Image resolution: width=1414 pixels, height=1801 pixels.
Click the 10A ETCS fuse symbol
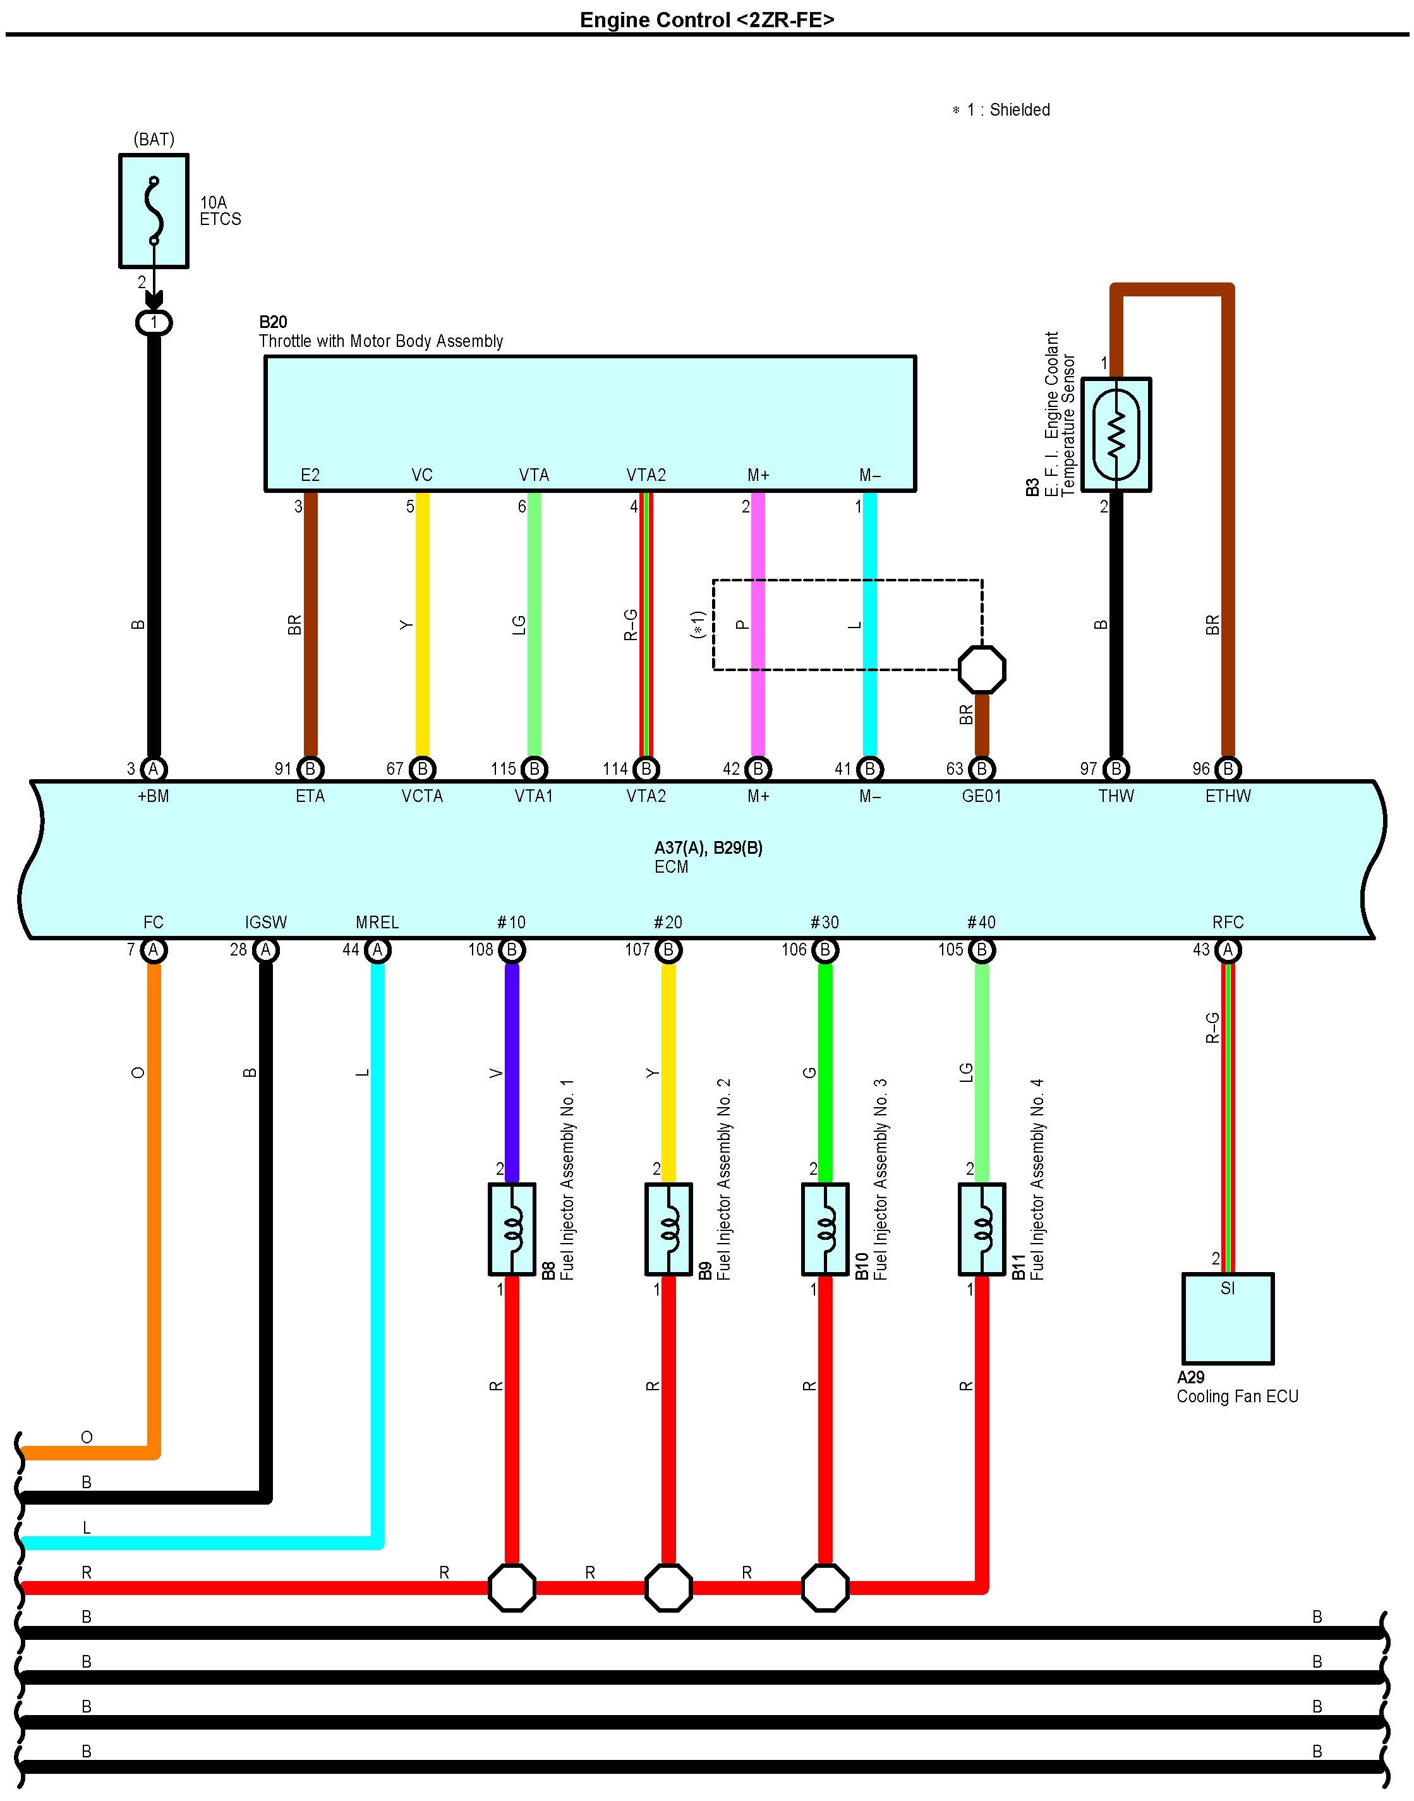(x=154, y=210)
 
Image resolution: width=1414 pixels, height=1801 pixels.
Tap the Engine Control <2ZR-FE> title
(x=707, y=20)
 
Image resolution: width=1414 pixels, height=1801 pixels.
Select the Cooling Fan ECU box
(x=1228, y=1318)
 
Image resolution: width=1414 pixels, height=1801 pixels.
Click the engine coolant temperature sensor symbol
(x=1116, y=435)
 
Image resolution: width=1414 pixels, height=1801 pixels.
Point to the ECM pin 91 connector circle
(x=310, y=769)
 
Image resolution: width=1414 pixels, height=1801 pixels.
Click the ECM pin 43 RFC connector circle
(x=1228, y=950)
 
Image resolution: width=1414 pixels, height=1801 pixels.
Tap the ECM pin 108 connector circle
(x=512, y=950)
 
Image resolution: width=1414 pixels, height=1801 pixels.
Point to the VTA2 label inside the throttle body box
(x=646, y=475)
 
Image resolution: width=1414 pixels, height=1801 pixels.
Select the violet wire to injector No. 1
(x=512, y=1073)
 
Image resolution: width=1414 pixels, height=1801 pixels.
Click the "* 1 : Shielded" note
(x=1001, y=110)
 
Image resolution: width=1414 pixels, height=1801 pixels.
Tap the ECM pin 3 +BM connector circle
(x=153, y=769)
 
